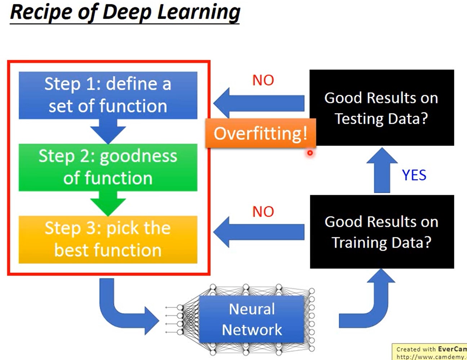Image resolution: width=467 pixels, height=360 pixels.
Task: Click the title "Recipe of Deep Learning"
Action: coord(125,12)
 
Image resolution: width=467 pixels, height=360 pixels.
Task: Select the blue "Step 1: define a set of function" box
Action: coord(108,95)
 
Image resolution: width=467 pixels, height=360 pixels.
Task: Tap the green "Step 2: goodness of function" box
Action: coord(108,167)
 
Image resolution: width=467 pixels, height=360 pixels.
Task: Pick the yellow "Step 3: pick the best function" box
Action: coord(108,239)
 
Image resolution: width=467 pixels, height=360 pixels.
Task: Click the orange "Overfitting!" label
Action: coord(261,133)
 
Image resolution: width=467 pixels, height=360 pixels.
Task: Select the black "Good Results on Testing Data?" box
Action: coord(382,108)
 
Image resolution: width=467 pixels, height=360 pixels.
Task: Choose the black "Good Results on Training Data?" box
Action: coord(382,232)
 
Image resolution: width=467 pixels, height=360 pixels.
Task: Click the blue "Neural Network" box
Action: coord(252,319)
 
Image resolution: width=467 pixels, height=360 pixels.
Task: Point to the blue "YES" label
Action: coord(414,175)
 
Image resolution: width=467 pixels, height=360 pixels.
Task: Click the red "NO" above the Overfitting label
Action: coord(263,80)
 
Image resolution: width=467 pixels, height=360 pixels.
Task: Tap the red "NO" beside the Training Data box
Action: coord(263,212)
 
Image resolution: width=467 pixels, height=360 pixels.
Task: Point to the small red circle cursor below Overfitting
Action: coord(310,153)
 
